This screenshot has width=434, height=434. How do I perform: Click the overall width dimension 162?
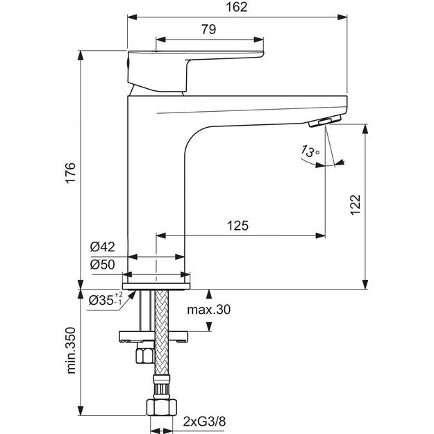click(x=236, y=7)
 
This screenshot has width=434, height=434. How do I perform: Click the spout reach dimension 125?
click(x=237, y=225)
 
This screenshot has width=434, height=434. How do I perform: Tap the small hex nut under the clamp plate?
click(x=144, y=356)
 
